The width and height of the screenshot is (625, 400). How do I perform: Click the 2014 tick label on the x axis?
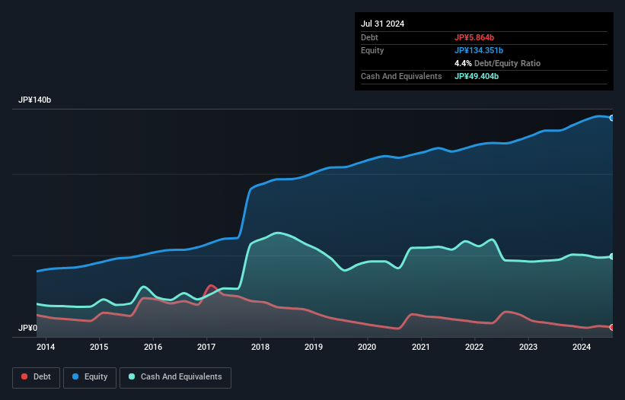point(46,347)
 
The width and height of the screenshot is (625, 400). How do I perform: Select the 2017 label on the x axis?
point(206,347)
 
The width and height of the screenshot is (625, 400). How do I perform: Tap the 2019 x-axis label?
point(314,347)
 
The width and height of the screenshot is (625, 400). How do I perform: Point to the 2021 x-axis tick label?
point(420,347)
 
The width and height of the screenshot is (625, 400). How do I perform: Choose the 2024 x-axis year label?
point(581,347)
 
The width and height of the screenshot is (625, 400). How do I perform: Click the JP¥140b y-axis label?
point(35,100)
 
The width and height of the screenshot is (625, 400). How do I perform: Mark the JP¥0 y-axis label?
point(27,328)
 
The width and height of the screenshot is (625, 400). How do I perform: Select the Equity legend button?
point(90,376)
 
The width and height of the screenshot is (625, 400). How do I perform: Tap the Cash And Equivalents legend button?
point(175,376)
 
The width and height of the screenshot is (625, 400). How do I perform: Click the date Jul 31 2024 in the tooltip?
point(383,24)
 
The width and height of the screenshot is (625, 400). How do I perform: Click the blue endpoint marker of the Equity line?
point(612,118)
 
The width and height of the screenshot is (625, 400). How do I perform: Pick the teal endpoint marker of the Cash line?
point(612,257)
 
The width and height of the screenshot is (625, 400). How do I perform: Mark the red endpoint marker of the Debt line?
point(612,327)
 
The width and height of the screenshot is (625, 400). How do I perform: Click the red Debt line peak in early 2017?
point(211,286)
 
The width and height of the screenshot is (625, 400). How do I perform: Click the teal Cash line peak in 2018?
point(279,233)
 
